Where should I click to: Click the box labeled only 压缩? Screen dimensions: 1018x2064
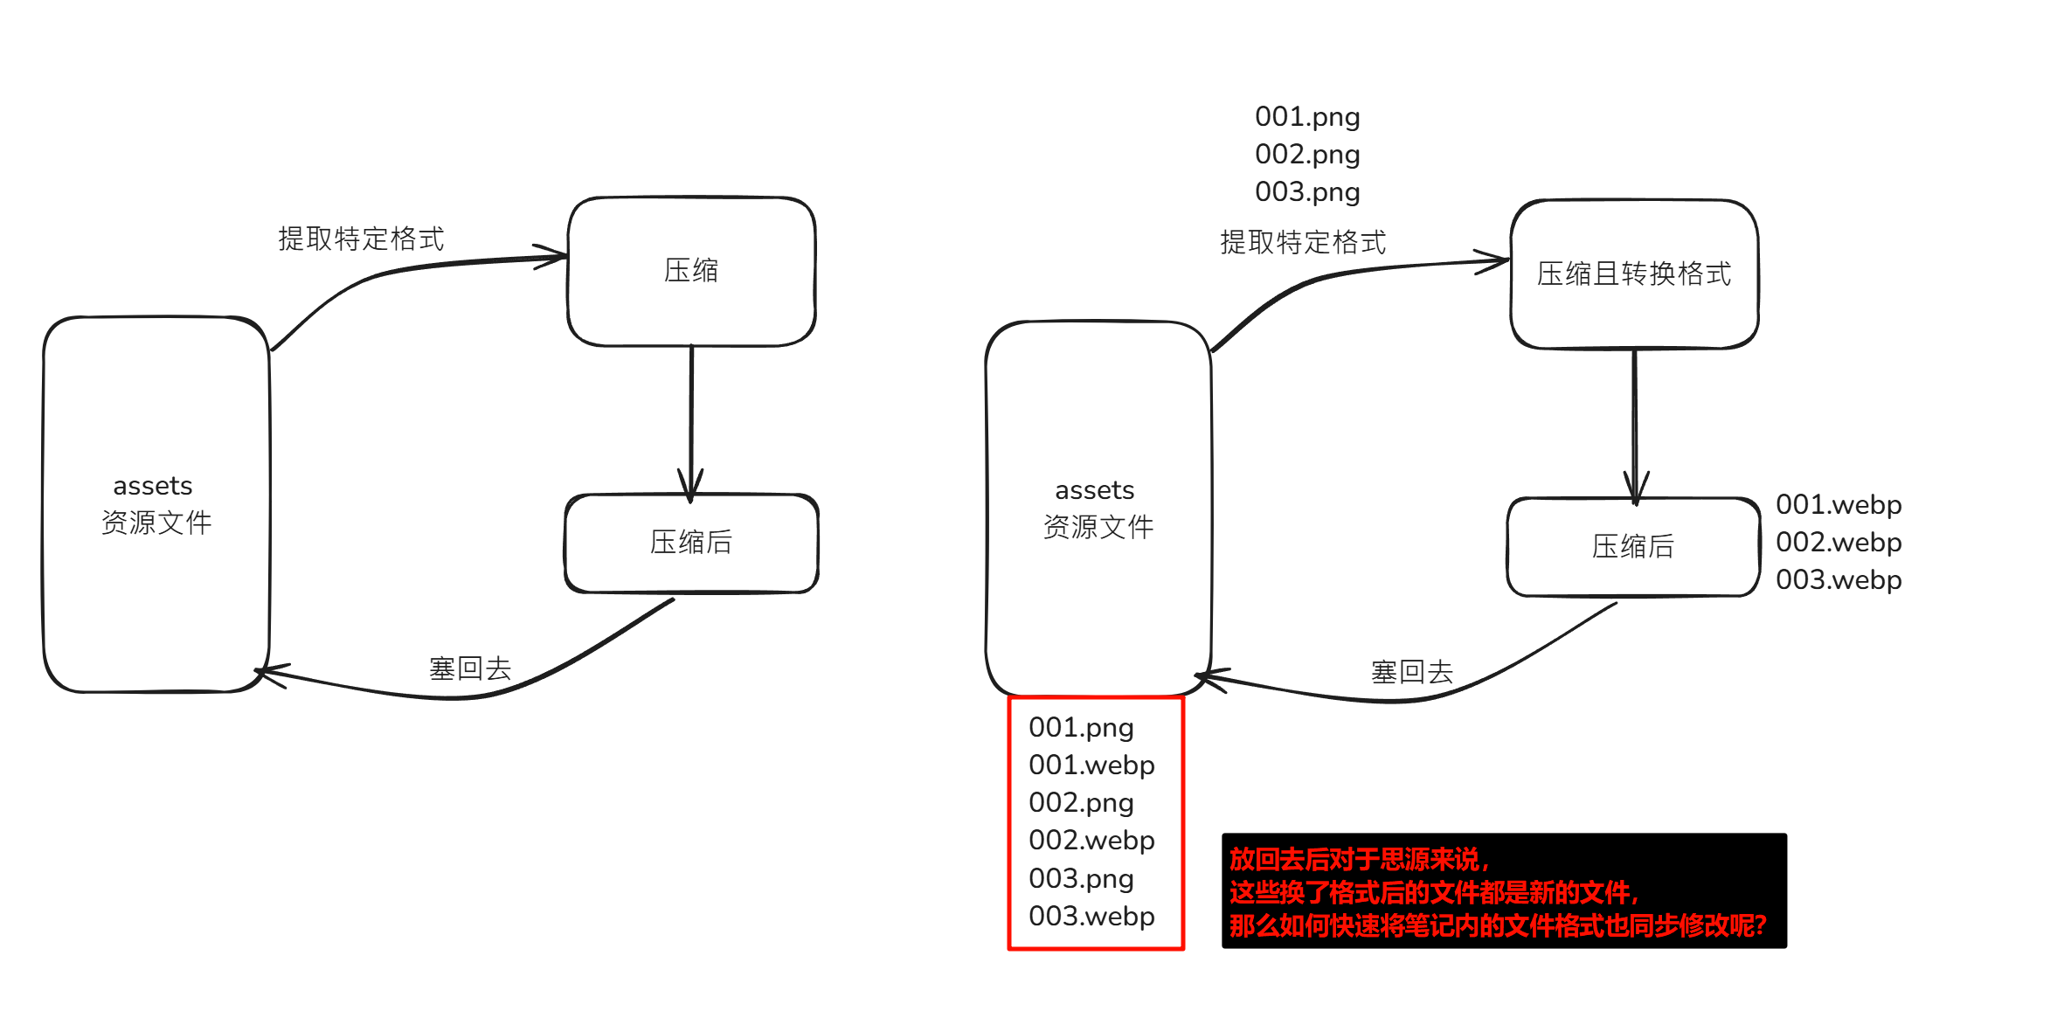click(691, 271)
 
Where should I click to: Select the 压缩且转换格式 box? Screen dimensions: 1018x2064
click(1634, 274)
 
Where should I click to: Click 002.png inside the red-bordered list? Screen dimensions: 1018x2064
click(1081, 802)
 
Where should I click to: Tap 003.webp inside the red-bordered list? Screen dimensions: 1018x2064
click(1091, 916)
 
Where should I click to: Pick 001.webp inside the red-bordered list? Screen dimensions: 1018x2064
click(1091, 765)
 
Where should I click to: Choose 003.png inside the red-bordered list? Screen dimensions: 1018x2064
click(1081, 878)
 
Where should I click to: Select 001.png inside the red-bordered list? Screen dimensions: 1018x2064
click(1081, 727)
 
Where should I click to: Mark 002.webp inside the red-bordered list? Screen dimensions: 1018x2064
click(1091, 840)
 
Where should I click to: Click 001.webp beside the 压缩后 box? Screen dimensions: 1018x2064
click(1839, 504)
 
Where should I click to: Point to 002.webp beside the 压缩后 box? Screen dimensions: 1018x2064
click(1839, 542)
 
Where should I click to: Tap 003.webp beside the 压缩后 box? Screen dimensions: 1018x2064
click(1839, 579)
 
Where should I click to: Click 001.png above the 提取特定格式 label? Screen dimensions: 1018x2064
click(1307, 116)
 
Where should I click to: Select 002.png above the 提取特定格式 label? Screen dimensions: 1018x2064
click(1307, 154)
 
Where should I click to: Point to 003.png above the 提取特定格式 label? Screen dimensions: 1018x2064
click(1307, 191)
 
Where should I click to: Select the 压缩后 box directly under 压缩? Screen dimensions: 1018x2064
click(691, 543)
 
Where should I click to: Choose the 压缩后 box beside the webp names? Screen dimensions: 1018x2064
click(1632, 547)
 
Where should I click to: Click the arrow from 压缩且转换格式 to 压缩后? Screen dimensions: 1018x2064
click(1635, 419)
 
